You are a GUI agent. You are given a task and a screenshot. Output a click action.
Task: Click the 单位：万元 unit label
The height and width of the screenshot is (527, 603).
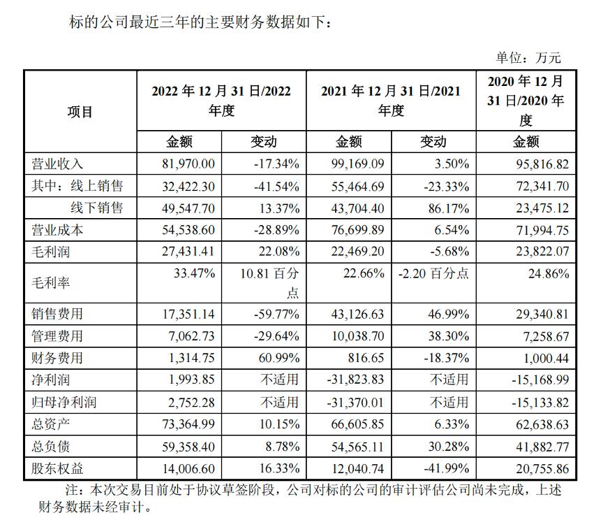(x=528, y=58)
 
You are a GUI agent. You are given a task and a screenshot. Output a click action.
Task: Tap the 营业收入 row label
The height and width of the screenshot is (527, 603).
(x=57, y=164)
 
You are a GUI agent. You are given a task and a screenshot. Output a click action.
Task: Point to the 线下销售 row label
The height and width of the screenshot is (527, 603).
(x=96, y=208)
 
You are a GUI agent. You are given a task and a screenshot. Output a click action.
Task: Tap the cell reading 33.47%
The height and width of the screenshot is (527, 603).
(x=200, y=273)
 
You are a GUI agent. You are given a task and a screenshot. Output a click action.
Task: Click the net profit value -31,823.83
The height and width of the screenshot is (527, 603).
(x=357, y=380)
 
